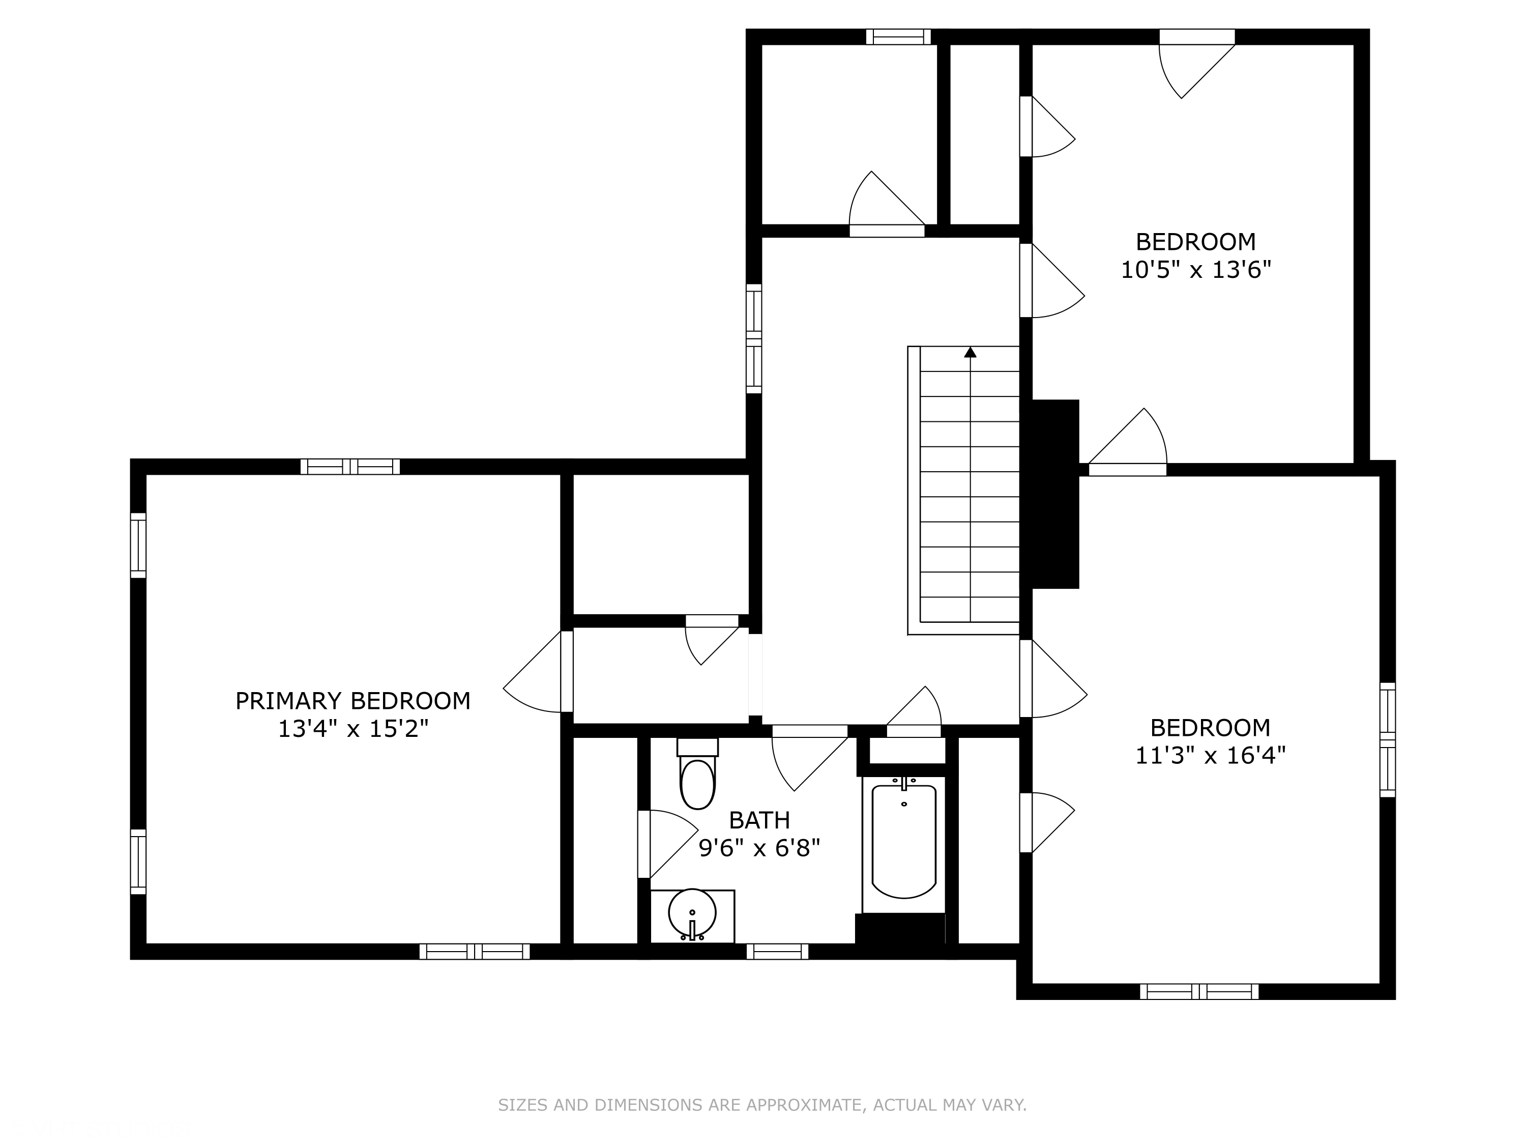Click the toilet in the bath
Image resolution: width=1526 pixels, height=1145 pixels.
tap(697, 774)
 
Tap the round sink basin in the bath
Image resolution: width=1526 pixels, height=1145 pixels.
tap(692, 912)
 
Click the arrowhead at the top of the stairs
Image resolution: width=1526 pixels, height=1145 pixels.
tap(971, 352)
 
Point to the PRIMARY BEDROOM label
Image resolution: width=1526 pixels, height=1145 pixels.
tap(353, 701)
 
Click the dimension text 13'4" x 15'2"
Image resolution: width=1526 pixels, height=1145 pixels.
tap(353, 729)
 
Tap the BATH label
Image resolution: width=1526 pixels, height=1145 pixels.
tap(759, 820)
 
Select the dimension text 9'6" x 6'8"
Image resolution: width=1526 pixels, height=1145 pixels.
tap(759, 847)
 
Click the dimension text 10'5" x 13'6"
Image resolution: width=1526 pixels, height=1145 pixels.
tap(1195, 269)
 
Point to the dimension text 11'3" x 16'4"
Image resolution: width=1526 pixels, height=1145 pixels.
tap(1211, 755)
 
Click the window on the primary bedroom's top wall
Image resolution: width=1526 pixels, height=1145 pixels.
tap(350, 467)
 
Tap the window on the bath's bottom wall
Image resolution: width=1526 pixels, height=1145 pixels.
tap(777, 952)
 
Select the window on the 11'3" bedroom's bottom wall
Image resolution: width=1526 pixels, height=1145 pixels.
tap(1199, 992)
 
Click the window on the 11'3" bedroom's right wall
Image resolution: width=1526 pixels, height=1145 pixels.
tap(1387, 740)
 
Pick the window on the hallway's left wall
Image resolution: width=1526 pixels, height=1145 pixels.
tap(754, 339)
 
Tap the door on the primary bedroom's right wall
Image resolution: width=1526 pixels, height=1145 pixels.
tap(538, 672)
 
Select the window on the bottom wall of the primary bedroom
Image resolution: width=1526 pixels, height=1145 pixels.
tap(475, 952)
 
